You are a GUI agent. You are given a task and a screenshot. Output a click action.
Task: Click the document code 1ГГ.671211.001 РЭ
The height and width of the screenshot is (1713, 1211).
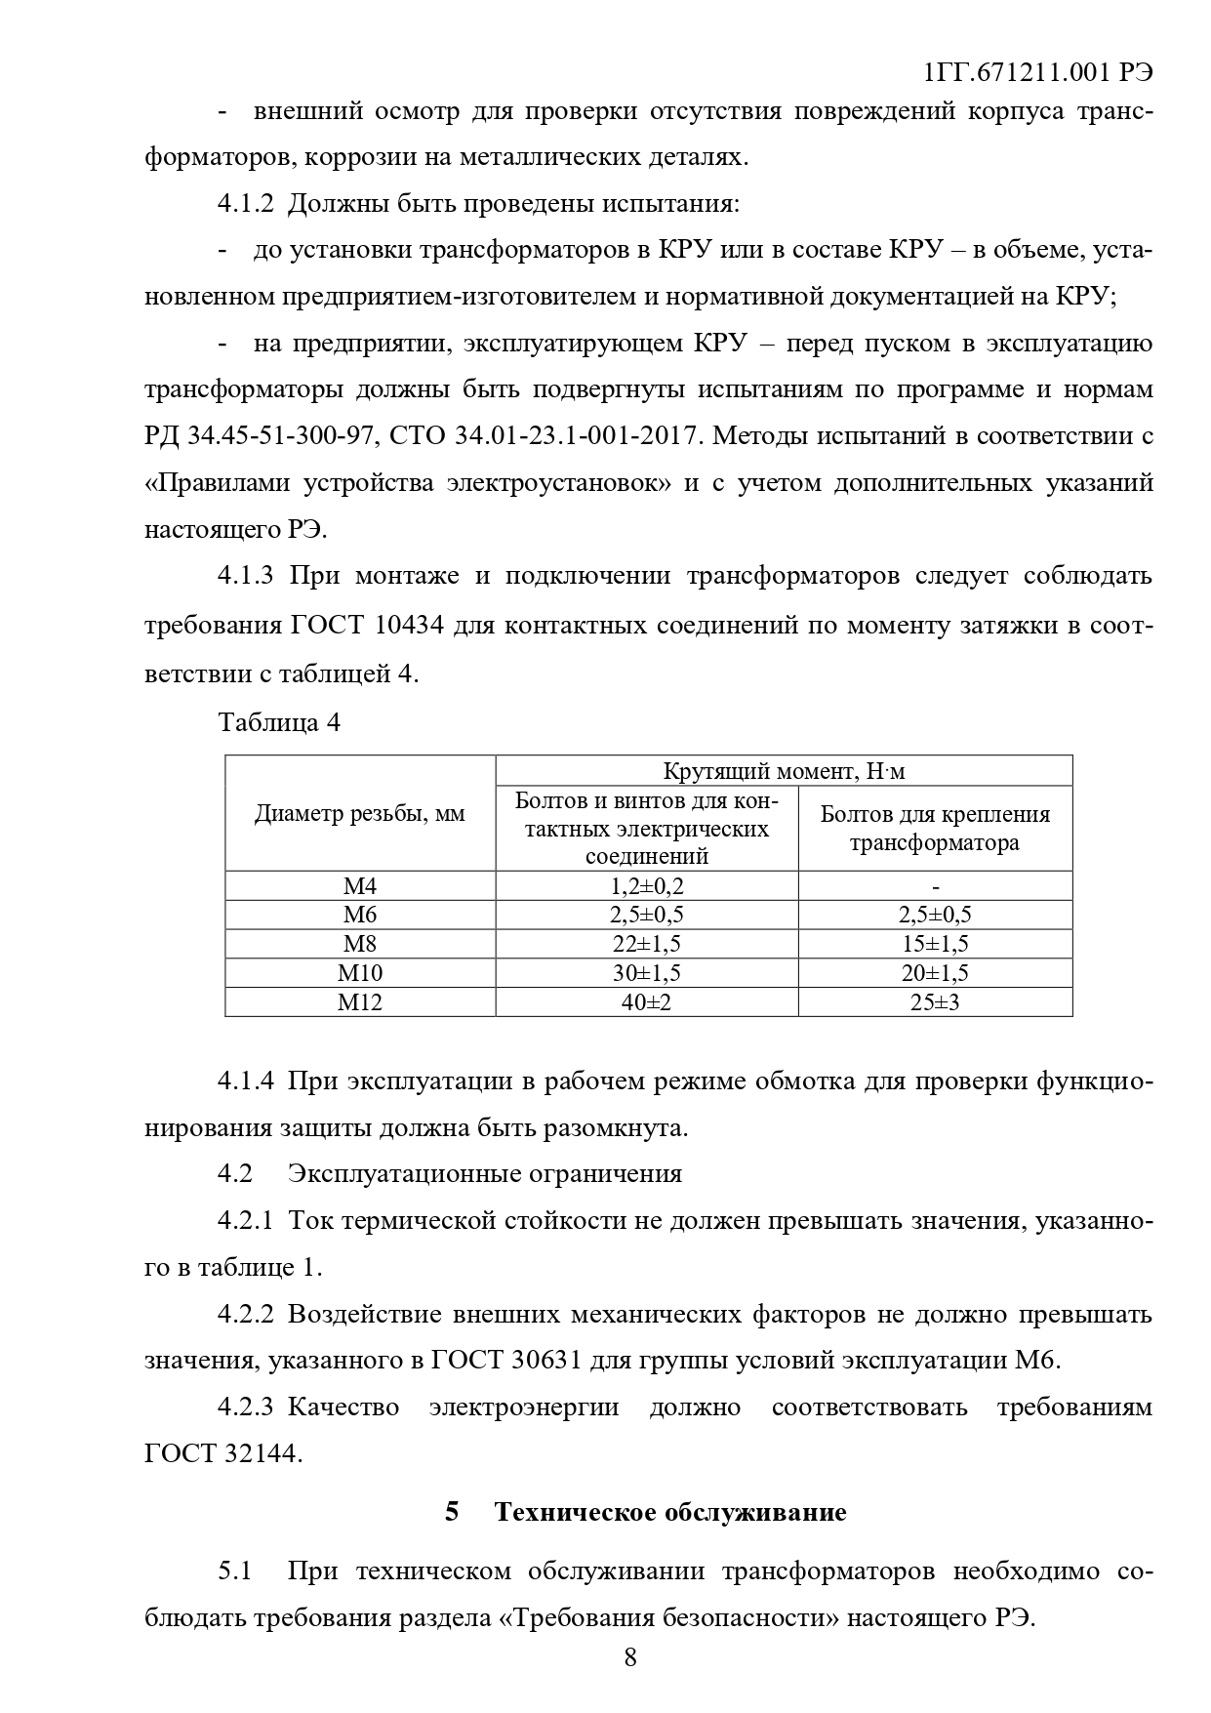click(1036, 73)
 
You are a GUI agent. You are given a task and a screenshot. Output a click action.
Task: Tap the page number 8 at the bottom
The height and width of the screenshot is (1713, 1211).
click(630, 1656)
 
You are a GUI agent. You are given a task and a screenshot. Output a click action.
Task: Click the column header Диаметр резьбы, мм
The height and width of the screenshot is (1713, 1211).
click(360, 814)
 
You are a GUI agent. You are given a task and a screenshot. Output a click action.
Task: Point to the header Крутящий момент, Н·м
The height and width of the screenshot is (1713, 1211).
click(784, 771)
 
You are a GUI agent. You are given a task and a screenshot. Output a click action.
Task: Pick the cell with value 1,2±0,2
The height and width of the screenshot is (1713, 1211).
click(646, 886)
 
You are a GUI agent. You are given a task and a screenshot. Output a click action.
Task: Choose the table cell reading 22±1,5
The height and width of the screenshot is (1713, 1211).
click(646, 944)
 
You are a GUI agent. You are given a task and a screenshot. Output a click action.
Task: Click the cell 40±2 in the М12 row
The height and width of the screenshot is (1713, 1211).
click(646, 1002)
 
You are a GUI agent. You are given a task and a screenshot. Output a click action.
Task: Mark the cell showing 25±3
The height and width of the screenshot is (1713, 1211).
click(935, 1002)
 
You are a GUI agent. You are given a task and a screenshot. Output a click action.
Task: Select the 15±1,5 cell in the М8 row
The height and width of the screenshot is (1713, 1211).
click(935, 944)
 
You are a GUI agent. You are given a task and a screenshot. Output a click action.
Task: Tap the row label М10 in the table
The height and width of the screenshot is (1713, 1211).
click(360, 973)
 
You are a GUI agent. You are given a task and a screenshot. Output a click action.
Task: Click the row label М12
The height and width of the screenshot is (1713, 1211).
click(360, 1002)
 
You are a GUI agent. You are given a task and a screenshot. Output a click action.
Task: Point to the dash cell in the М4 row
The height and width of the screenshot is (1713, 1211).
click(935, 886)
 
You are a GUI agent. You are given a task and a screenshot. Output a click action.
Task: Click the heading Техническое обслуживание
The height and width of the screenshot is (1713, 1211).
click(669, 1512)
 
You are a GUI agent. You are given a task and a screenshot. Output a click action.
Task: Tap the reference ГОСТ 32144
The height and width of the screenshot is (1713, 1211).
click(223, 1453)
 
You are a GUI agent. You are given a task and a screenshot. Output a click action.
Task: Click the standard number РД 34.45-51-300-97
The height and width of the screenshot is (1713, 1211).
click(261, 436)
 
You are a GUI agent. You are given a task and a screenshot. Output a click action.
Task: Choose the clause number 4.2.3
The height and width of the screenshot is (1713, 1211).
click(247, 1407)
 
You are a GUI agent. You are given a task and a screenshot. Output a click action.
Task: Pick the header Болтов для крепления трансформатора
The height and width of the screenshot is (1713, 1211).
click(935, 828)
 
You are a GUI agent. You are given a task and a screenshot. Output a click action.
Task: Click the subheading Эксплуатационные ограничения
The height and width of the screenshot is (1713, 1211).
click(485, 1173)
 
